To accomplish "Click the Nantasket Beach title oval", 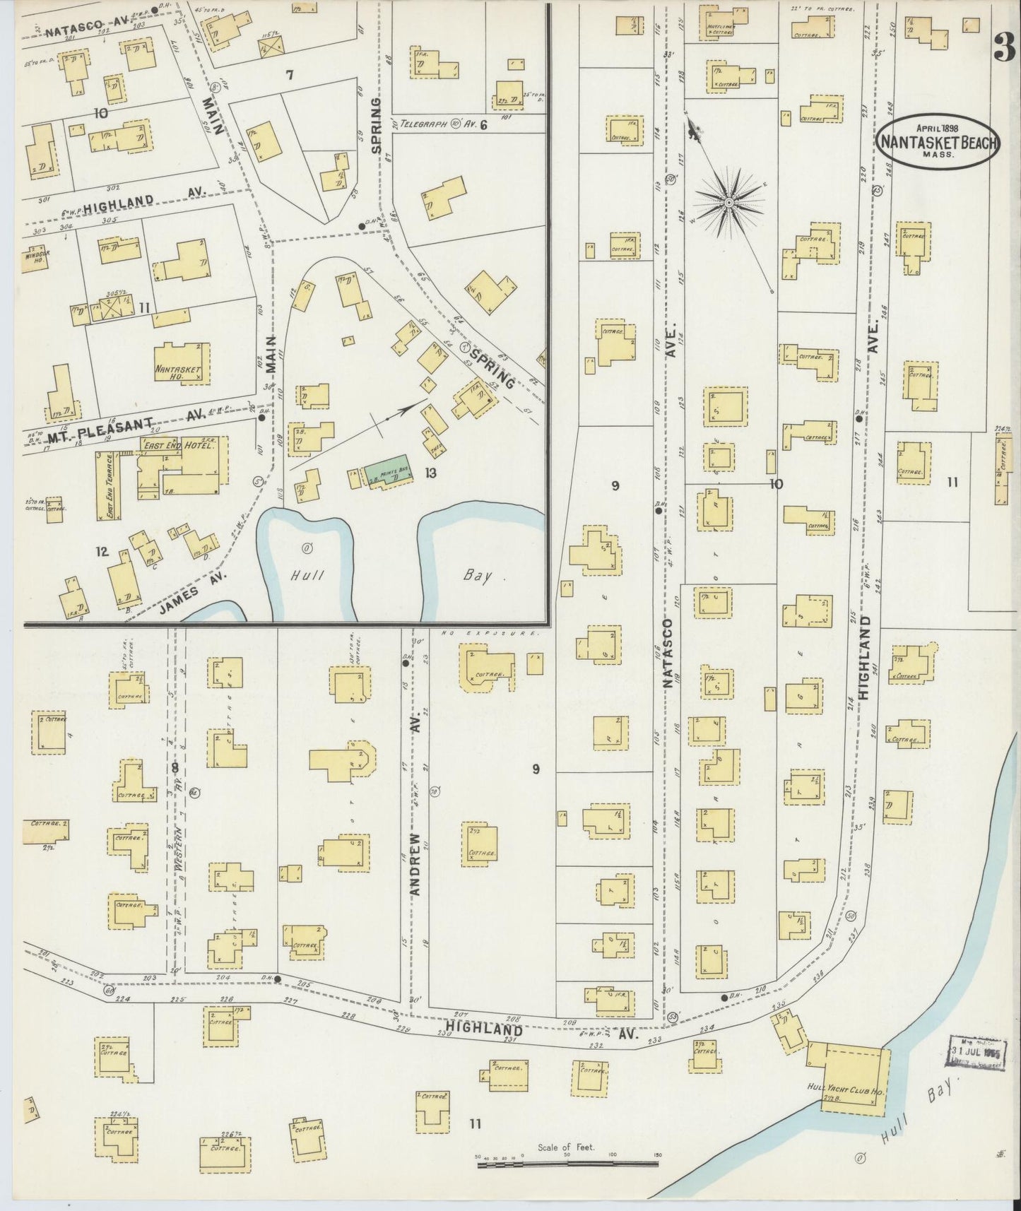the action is tap(938, 142).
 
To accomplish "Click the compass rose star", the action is tap(728, 203).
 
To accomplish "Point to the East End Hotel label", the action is tap(166, 445).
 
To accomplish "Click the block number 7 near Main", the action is tap(290, 75).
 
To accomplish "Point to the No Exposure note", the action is tap(495, 634).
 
